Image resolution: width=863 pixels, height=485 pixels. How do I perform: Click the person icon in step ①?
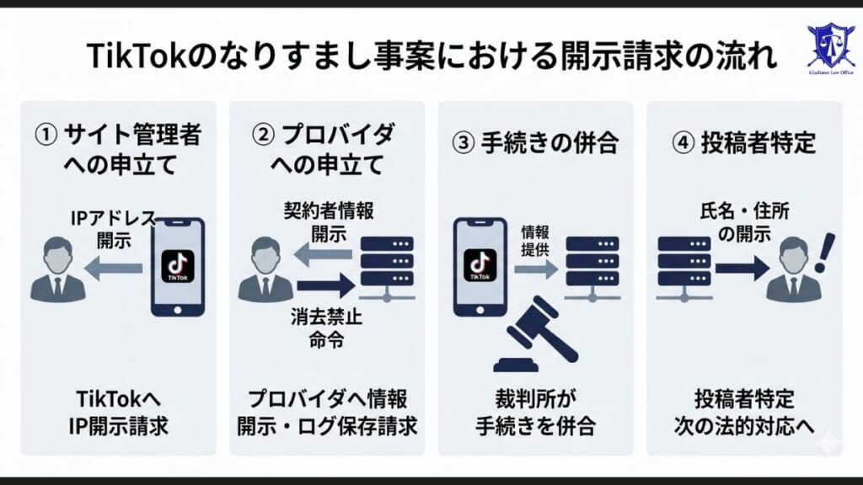point(57,269)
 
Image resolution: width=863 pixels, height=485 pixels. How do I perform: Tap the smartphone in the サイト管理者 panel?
point(177,267)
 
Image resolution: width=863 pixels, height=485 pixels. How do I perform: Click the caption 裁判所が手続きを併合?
point(534,412)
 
